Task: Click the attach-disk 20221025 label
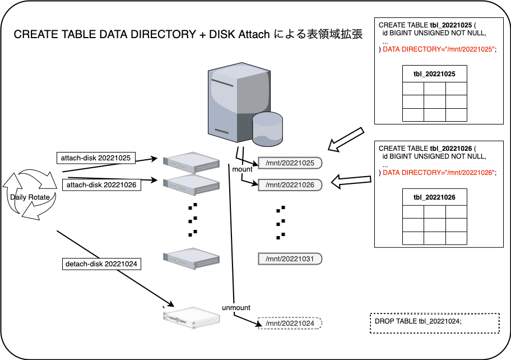tap(95, 158)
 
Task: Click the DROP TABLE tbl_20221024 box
tap(434, 323)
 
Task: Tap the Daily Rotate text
tap(30, 197)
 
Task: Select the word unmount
tap(236, 308)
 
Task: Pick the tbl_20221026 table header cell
tap(434, 197)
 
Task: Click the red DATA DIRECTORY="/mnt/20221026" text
tap(439, 173)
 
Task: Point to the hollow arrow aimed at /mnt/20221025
tap(347, 140)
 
